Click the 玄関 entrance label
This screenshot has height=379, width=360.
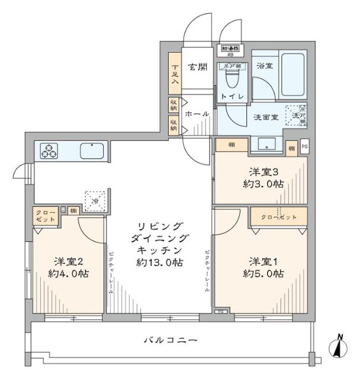(x=197, y=67)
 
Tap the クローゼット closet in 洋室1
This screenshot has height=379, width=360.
(x=278, y=217)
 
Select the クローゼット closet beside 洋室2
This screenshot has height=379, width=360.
(x=45, y=216)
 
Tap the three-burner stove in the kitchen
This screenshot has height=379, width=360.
(x=49, y=152)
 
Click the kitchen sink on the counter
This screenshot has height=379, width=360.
(x=92, y=151)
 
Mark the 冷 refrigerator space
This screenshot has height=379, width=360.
(x=94, y=200)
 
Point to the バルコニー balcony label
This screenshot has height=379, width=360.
(x=170, y=341)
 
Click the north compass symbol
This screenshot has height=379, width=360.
(x=339, y=347)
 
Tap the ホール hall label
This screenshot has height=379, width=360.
(x=197, y=114)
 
